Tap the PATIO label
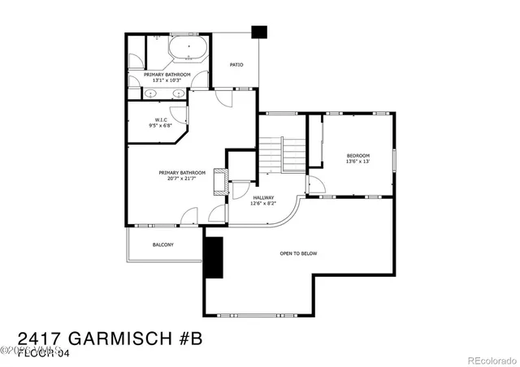coord(236,65)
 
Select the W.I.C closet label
coord(161,119)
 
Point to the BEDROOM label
coord(357,156)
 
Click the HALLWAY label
coord(263,197)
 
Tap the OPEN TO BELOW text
coord(298,254)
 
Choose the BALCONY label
coord(163,244)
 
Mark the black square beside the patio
coord(259,33)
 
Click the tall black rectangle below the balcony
coord(214,258)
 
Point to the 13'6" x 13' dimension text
coord(357,162)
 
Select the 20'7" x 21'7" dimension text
coord(182,178)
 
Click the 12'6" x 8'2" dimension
coord(263,203)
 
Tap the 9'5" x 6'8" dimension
coord(161,126)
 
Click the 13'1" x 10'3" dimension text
coord(167,80)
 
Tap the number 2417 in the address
coord(37,338)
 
